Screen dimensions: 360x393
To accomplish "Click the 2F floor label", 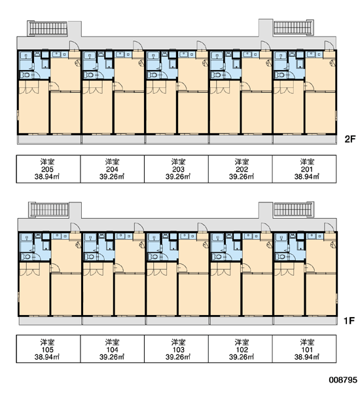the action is point(350,139).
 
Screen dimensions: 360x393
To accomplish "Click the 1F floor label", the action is point(349,320).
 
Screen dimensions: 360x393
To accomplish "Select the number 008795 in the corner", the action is point(343,380).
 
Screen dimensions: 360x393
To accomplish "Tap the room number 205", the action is point(47,170).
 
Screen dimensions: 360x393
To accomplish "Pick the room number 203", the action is point(178,170).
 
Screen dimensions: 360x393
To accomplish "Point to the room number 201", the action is point(306,170).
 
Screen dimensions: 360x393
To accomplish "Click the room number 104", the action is point(112,350).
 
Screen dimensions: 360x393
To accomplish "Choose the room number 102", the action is point(242,350).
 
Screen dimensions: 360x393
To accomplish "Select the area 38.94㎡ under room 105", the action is point(47,357).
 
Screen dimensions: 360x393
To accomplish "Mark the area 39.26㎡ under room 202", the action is point(242,177).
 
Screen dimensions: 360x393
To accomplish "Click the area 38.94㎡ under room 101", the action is point(306,357).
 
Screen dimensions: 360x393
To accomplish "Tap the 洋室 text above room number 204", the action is point(112,162).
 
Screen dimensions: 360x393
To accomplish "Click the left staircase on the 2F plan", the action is point(47,28).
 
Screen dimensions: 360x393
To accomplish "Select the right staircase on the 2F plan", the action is point(293,28).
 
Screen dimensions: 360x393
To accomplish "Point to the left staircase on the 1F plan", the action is point(48,210).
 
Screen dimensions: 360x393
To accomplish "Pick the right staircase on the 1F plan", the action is point(294,209).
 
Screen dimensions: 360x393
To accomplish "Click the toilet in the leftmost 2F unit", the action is point(26,75).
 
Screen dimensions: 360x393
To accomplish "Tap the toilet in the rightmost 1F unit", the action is point(281,257).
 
